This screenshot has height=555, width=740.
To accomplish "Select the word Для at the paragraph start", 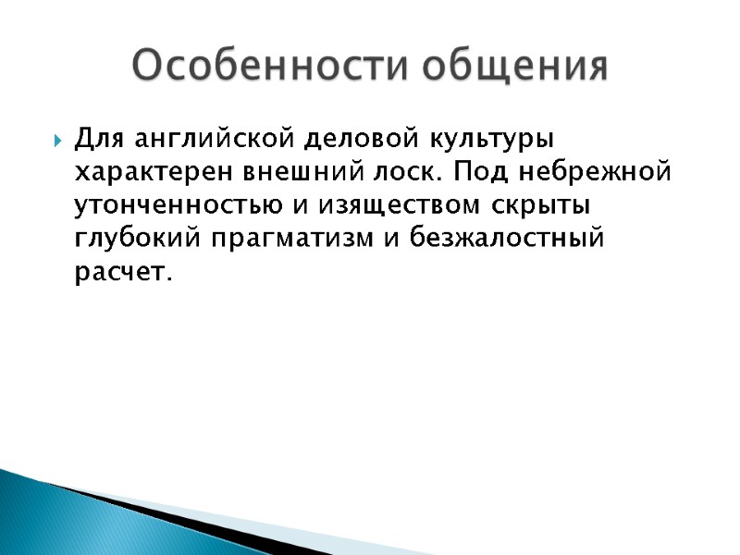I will tap(100, 139).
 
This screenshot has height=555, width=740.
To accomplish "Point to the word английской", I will tap(212, 141).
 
